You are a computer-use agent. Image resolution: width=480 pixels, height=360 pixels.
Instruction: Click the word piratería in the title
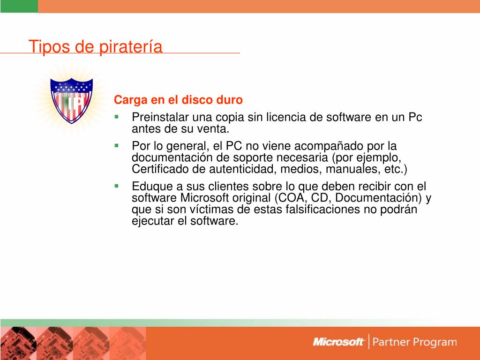point(131,47)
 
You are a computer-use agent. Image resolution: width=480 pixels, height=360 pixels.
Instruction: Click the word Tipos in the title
point(49,47)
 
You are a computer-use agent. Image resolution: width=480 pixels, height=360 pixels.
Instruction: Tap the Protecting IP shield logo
point(72,100)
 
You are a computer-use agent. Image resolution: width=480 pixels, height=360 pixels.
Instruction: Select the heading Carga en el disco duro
point(178,100)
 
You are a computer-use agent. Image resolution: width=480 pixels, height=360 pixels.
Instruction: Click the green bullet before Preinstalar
point(116,117)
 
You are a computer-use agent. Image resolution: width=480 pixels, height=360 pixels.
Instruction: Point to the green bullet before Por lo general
point(116,146)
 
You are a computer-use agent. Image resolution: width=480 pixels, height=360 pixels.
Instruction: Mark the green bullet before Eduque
point(116,186)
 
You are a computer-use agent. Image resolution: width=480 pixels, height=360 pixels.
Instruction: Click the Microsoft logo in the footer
point(338,342)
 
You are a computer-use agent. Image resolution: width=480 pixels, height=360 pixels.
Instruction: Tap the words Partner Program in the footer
point(415,342)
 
